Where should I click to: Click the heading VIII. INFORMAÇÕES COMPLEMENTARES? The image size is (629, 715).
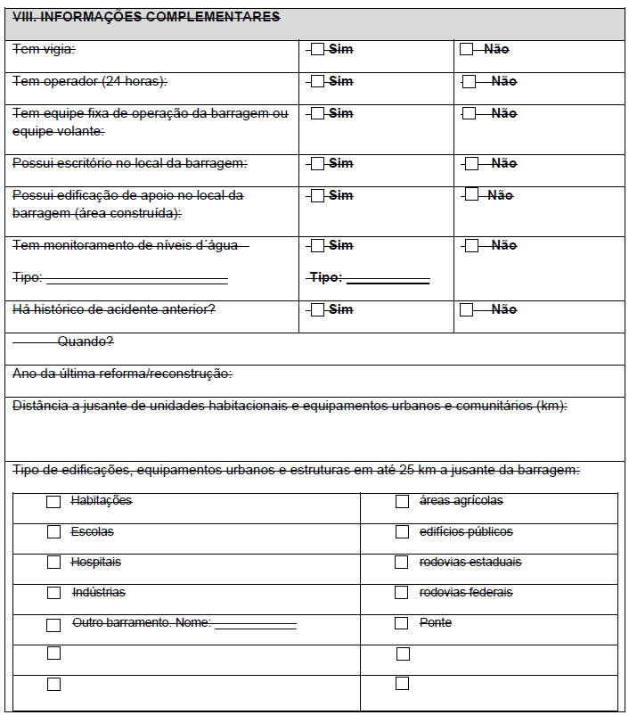click(146, 17)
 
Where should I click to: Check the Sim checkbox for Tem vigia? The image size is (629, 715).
click(317, 49)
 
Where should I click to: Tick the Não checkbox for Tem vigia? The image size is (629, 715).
click(466, 49)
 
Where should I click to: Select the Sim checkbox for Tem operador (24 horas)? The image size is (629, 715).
click(317, 81)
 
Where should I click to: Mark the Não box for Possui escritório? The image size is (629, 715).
click(472, 163)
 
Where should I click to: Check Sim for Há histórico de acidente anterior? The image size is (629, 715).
click(317, 309)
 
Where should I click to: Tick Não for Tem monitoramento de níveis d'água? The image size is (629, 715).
click(472, 245)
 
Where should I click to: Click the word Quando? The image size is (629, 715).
click(86, 341)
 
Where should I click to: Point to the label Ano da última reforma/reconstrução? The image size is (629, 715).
click(122, 374)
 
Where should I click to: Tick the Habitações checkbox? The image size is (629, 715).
click(53, 502)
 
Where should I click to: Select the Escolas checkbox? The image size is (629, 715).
click(53, 532)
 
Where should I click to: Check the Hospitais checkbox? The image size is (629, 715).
click(53, 563)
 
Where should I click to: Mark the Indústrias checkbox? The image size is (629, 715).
click(53, 593)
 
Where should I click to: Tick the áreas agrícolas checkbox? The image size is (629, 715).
click(402, 502)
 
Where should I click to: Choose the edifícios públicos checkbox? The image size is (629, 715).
click(402, 532)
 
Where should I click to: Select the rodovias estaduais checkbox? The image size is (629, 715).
click(402, 563)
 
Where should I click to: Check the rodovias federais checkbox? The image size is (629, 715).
click(402, 593)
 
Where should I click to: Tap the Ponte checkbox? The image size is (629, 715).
click(402, 623)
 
